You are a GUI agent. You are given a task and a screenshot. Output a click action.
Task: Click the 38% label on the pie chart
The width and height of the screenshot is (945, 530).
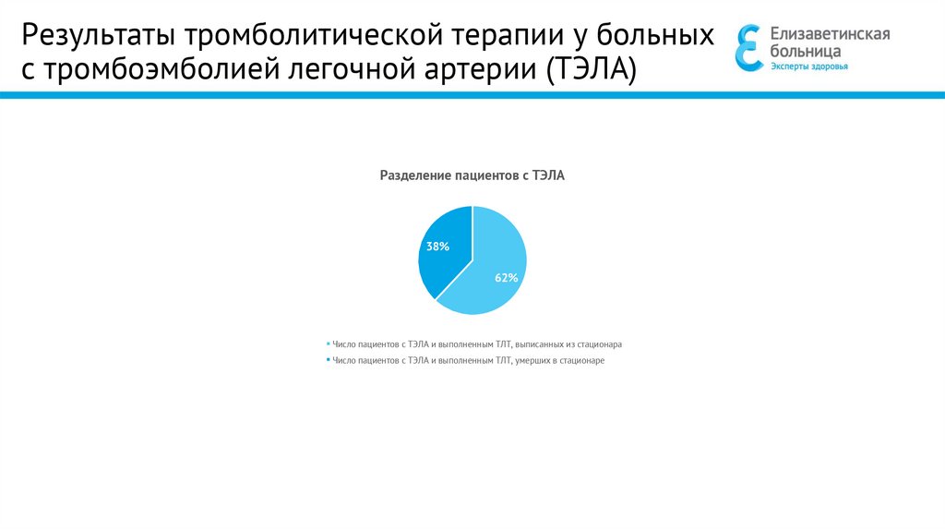(437, 247)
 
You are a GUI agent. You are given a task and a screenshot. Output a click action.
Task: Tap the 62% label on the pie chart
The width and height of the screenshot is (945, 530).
(507, 277)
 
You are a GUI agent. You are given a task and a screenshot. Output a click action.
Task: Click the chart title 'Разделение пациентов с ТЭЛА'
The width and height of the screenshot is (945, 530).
(472, 175)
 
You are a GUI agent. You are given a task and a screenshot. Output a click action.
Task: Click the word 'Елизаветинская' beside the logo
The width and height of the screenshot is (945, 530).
(831, 34)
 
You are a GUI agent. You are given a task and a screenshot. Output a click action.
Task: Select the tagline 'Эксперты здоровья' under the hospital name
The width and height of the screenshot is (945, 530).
(809, 67)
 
